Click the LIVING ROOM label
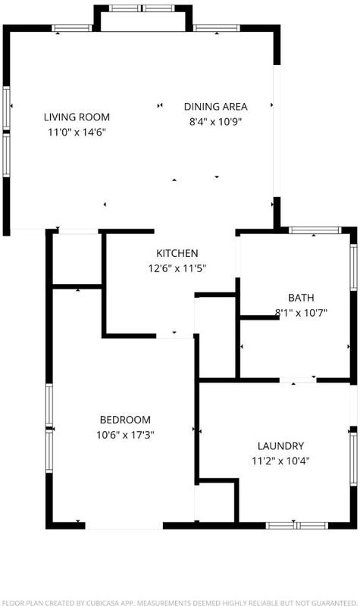77,117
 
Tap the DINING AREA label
215,106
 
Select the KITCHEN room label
177,253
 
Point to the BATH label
301,298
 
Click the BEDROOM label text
125,420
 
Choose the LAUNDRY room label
280,446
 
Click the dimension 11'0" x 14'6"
77,132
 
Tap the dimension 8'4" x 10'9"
215,122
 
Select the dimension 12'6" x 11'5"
177,268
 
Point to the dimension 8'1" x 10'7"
301,313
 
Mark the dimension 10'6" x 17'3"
125,435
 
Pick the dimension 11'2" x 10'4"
280,461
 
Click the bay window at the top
142,8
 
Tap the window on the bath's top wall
315,230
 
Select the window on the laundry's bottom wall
297,525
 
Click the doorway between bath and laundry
298,380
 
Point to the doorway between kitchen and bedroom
175,336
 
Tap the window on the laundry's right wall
353,459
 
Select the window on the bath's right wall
353,267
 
